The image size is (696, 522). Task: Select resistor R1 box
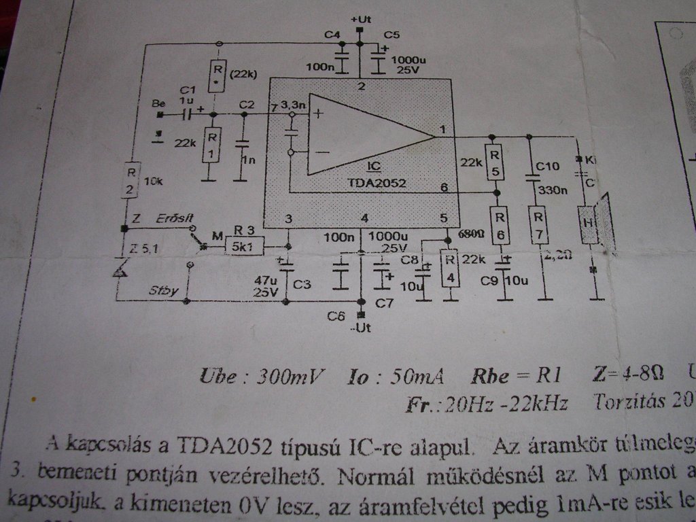(x=212, y=144)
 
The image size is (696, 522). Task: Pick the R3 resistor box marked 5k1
(x=244, y=247)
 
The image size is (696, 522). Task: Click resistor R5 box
(x=496, y=162)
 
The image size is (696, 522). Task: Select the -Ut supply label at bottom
(x=361, y=328)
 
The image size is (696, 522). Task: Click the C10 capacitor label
(x=546, y=166)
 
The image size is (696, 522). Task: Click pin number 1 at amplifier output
(x=442, y=129)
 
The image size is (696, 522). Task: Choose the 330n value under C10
(x=552, y=190)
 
